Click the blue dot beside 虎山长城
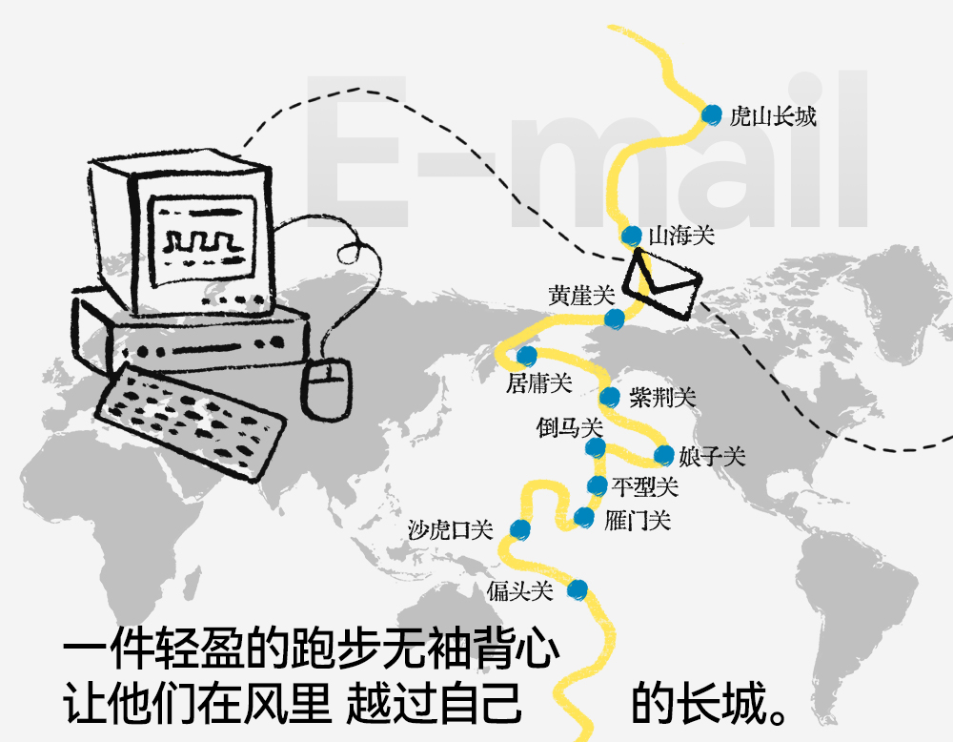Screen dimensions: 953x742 (710, 114)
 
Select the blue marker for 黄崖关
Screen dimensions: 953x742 (615, 317)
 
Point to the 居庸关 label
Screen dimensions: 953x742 (539, 383)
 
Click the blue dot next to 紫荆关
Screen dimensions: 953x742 (610, 397)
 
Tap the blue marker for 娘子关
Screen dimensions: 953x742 (663, 455)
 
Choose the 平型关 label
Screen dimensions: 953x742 (645, 487)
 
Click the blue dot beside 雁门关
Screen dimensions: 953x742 (584, 518)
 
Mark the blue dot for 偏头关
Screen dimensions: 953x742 (576, 589)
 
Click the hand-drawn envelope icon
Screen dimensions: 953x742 (661, 284)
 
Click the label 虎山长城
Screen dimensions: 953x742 (773, 116)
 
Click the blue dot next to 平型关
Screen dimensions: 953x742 (597, 486)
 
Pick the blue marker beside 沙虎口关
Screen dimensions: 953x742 (519, 528)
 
